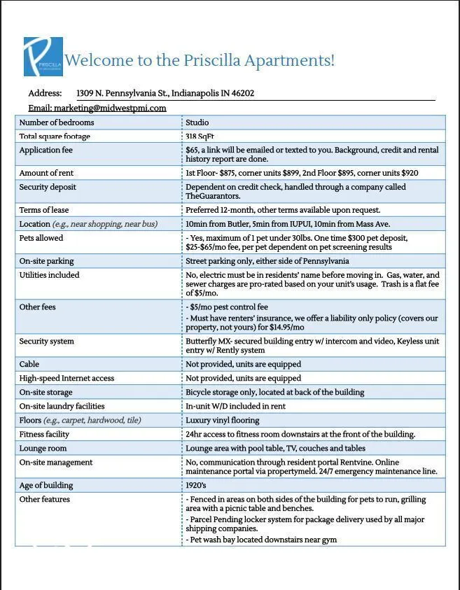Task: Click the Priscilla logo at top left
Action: click(x=43, y=57)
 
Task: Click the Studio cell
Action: click(x=197, y=122)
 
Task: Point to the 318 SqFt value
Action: click(x=200, y=136)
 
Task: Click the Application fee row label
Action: click(x=46, y=150)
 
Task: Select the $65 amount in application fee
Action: click(x=192, y=150)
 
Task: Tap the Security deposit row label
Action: click(x=48, y=187)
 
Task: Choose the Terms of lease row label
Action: click(x=44, y=210)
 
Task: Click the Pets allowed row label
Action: click(x=41, y=238)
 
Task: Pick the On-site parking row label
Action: click(x=46, y=261)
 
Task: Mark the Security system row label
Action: click(x=46, y=342)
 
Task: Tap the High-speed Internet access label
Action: click(x=67, y=378)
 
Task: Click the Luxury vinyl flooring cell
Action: click(x=222, y=420)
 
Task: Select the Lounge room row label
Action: click(x=43, y=448)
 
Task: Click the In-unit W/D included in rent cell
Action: click(x=232, y=406)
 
